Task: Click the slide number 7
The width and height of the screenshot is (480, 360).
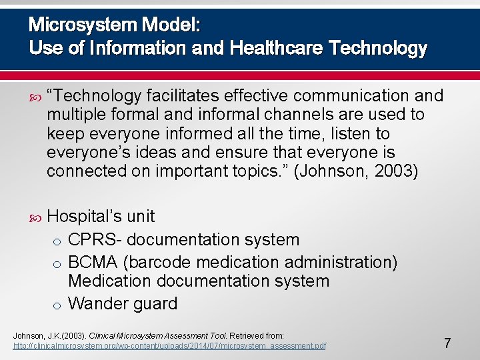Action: pos(447,344)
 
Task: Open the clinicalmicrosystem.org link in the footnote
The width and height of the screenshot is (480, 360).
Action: pos(170,347)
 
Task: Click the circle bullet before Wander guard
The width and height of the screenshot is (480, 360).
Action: pos(59,305)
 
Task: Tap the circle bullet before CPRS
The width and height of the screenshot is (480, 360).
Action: pos(59,241)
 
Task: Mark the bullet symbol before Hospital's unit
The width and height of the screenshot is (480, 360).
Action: pos(35,217)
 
